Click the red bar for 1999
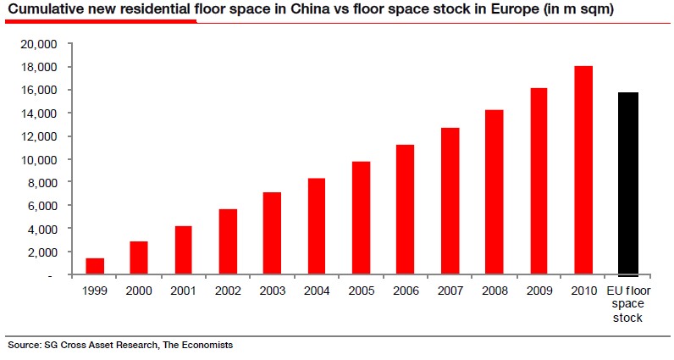tap(95, 266)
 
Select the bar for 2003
tap(272, 234)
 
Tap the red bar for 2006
tap(405, 210)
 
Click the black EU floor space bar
tap(628, 184)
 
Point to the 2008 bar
tap(494, 192)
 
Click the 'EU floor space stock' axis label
tap(627, 305)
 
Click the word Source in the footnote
tap(23, 345)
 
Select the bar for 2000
tap(139, 258)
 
